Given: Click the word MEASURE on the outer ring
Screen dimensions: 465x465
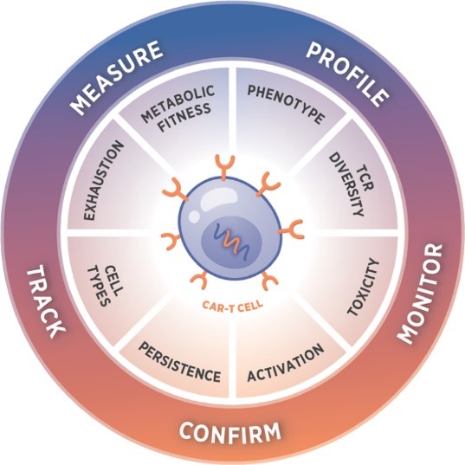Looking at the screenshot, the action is [118, 78].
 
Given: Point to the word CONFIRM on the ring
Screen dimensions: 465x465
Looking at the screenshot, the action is [229, 432].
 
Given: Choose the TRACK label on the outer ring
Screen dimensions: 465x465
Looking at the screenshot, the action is [45, 302].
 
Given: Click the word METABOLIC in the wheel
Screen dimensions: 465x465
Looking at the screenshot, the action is [178, 104].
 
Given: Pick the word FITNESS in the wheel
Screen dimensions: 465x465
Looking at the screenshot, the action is [185, 118].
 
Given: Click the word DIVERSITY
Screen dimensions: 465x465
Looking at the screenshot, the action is [346, 185].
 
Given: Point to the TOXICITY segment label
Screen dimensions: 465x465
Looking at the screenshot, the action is [364, 287].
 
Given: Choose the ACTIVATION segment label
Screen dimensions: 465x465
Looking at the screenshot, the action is [286, 363].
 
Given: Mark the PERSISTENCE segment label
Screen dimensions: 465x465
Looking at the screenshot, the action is [180, 362].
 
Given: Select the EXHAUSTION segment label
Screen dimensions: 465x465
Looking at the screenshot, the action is [103, 180].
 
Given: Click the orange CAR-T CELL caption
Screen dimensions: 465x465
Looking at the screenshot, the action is [232, 305].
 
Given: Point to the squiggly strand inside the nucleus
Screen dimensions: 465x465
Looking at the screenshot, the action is [232, 241].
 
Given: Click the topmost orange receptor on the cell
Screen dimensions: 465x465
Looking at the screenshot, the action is [224, 166].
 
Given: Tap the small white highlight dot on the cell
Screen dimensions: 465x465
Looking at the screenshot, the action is [195, 216].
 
